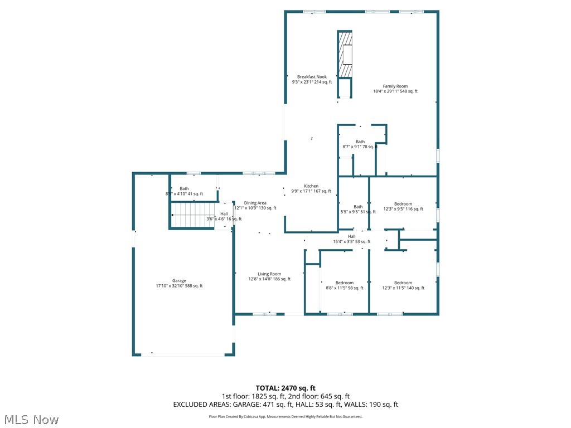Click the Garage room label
pyautogui.click(x=179, y=283)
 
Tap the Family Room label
pyautogui.click(x=395, y=89)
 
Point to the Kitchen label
pyautogui.click(x=311, y=188)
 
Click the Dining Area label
pyautogui.click(x=255, y=205)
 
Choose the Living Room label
pyautogui.click(x=269, y=276)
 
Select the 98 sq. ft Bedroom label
pyautogui.click(x=344, y=285)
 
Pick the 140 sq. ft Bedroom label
pyautogui.click(x=403, y=285)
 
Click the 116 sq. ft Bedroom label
pyautogui.click(x=403, y=206)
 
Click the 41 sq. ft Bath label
pyautogui.click(x=184, y=191)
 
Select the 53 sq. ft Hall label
pyautogui.click(x=352, y=239)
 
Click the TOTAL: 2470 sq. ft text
pyautogui.click(x=285, y=388)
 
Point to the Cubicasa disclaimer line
pyautogui.click(x=285, y=416)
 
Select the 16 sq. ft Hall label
pyautogui.click(x=224, y=216)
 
